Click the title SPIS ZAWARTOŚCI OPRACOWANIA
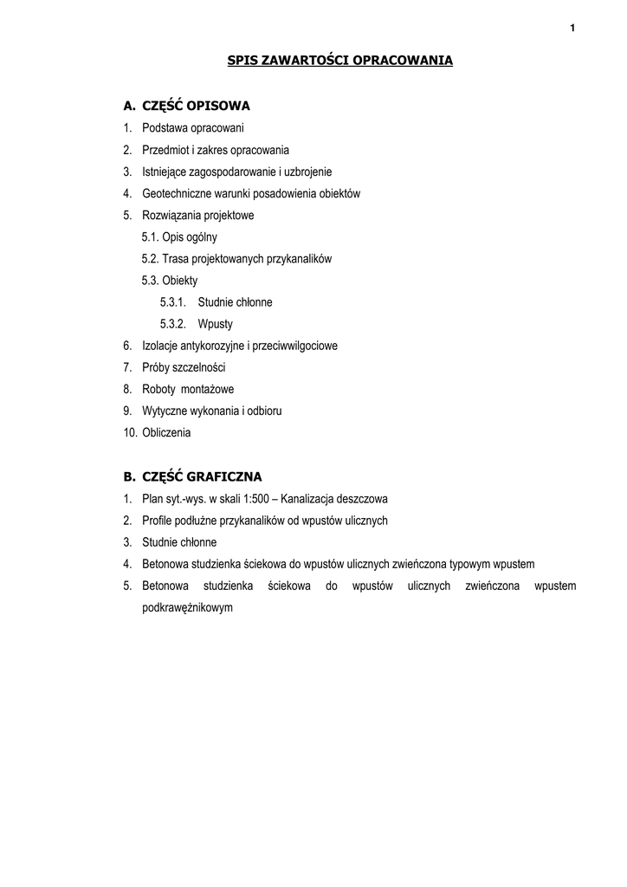339,61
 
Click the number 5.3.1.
173,302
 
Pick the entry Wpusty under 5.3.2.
216,324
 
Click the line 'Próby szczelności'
184,367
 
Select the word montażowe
207,389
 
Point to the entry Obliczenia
167,432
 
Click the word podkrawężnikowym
188,608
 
